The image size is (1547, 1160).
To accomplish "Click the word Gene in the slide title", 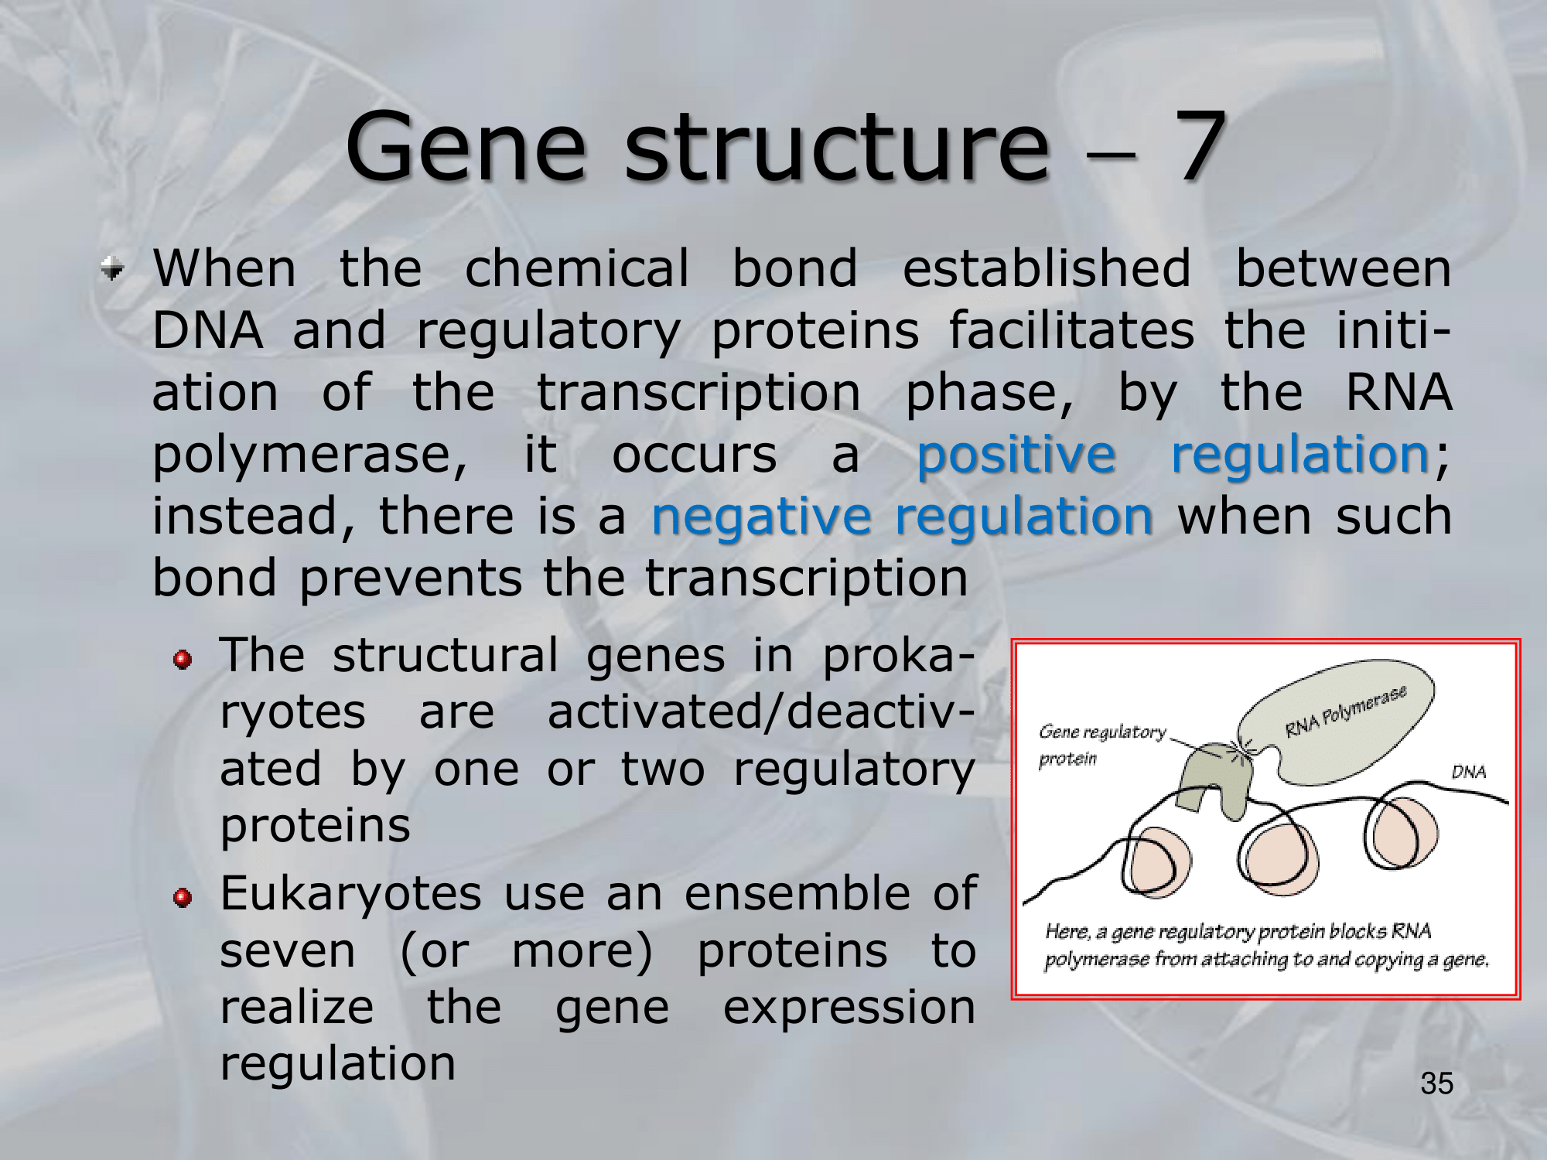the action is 466,147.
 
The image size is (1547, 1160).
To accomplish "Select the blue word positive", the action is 1016,455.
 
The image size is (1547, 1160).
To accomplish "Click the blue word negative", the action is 761,517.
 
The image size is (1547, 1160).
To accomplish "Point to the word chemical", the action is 576,268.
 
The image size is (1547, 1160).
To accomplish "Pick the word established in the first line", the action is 1047,268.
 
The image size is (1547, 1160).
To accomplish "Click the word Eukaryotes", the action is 351,895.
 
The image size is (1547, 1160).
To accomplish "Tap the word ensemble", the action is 797,893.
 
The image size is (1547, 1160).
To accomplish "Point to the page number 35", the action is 1436,1083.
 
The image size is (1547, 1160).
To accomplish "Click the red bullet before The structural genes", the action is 183,660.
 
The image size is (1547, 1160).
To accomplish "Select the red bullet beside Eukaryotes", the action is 183,898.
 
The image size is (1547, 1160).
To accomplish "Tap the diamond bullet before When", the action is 113,269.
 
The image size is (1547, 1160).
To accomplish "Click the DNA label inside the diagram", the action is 1468,772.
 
